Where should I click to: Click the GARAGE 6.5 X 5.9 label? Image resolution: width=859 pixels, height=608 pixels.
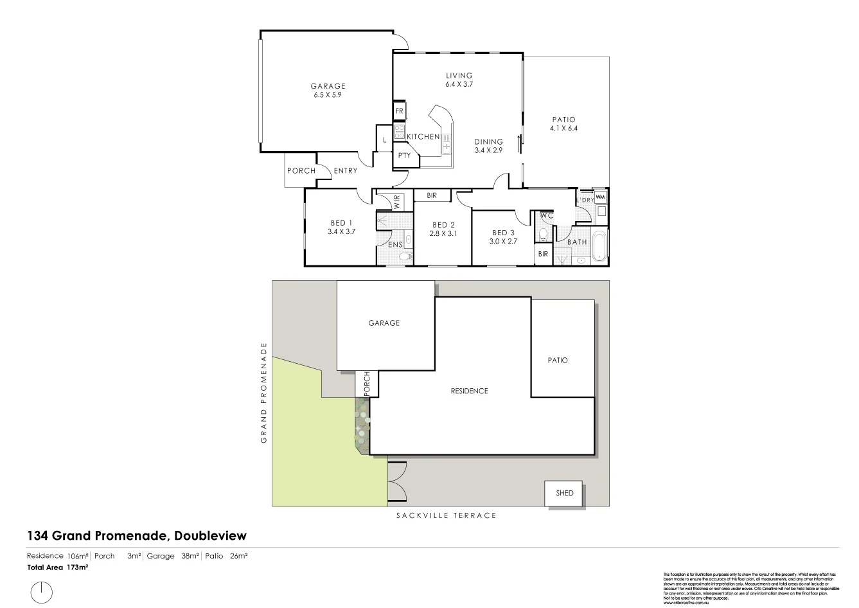pyautogui.click(x=328, y=90)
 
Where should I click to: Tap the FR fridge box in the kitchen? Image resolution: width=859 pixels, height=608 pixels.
pyautogui.click(x=400, y=111)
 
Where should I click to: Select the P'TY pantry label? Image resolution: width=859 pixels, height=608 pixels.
pyautogui.click(x=404, y=156)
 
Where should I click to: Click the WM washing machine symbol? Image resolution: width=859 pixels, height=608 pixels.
pyautogui.click(x=600, y=197)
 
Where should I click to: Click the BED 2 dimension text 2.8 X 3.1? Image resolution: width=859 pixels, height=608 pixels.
pyautogui.click(x=443, y=233)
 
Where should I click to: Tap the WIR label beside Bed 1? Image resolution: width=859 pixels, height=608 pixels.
pyautogui.click(x=396, y=202)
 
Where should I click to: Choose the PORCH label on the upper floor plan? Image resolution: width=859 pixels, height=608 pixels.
pyautogui.click(x=301, y=171)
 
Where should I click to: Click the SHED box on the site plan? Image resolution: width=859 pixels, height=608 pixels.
pyautogui.click(x=563, y=494)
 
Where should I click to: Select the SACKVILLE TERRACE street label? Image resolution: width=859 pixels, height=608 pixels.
pyautogui.click(x=446, y=515)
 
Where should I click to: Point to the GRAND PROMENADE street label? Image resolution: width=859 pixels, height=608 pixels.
pyautogui.click(x=263, y=393)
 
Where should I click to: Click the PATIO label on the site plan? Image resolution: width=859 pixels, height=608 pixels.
pyautogui.click(x=558, y=361)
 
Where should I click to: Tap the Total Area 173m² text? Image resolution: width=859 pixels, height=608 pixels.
pyautogui.click(x=57, y=568)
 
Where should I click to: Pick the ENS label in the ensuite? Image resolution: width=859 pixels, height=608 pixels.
pyautogui.click(x=396, y=244)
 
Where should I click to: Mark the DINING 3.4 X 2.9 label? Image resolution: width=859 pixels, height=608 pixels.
pyautogui.click(x=488, y=146)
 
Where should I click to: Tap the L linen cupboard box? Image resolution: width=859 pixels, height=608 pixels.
pyautogui.click(x=384, y=139)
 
